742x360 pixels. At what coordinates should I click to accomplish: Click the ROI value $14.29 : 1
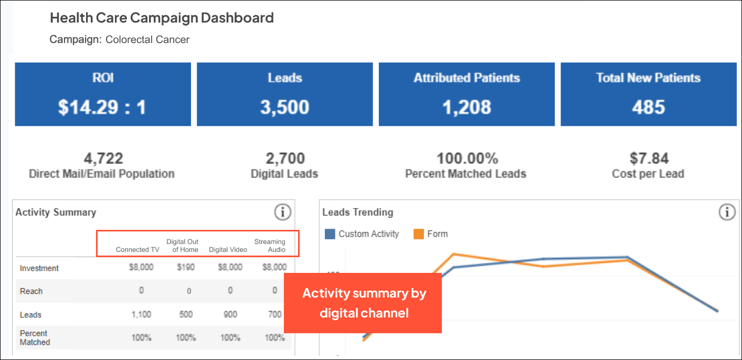(x=102, y=107)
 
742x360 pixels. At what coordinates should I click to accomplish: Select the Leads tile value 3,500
(x=284, y=107)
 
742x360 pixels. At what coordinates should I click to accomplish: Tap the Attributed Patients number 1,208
(x=466, y=107)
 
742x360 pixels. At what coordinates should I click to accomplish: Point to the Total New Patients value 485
(x=649, y=107)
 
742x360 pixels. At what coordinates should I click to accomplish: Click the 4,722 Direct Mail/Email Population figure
(x=103, y=158)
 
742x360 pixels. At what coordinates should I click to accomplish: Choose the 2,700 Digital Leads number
(x=284, y=158)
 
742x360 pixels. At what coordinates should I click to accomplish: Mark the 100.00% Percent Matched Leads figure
(x=466, y=158)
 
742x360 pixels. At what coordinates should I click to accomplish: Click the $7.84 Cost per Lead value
(x=648, y=158)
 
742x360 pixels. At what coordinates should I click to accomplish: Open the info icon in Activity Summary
(x=282, y=213)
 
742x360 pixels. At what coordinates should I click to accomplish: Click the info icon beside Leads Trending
(x=727, y=213)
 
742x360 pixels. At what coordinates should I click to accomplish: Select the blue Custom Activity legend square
(x=330, y=234)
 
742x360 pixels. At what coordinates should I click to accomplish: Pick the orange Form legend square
(x=419, y=234)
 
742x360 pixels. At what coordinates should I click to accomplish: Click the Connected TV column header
(x=137, y=249)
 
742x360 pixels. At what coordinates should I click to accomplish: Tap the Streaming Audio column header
(x=270, y=246)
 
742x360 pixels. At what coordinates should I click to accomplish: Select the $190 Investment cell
(x=186, y=267)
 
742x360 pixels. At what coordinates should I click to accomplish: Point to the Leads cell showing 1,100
(x=141, y=314)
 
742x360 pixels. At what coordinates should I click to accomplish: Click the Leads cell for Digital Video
(x=230, y=314)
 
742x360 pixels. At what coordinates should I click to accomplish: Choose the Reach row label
(x=31, y=291)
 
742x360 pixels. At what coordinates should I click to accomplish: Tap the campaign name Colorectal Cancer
(x=147, y=39)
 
